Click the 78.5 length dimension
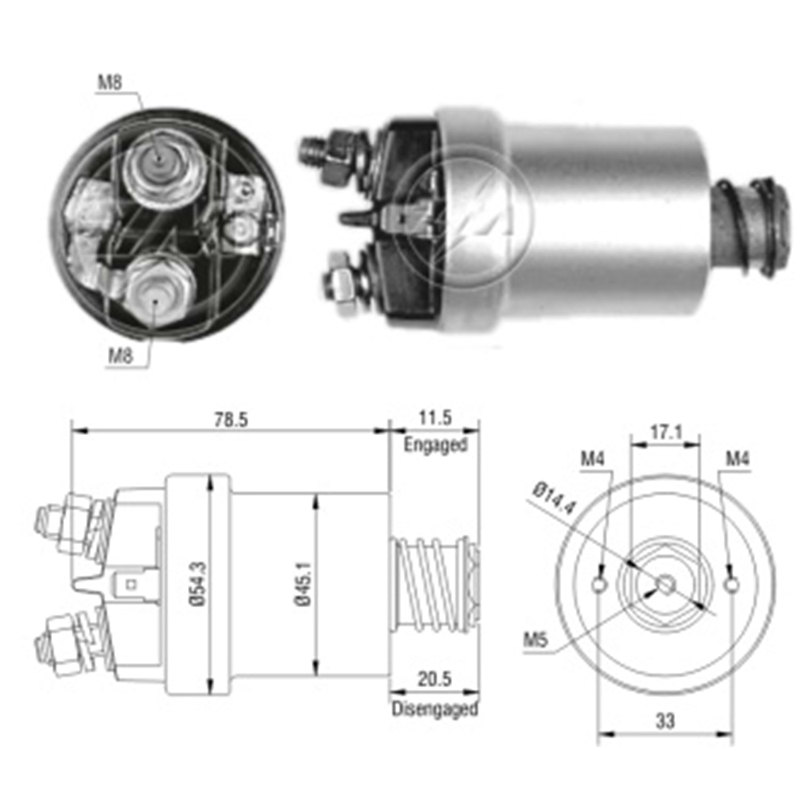231,420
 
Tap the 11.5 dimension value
435,418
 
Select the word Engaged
435,444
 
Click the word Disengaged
435,709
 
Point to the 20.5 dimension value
435,679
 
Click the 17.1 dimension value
665,432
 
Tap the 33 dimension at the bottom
665,721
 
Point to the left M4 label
593,458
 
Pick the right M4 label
737,458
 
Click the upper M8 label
110,82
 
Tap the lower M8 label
121,355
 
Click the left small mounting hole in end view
599,585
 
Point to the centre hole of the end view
665,585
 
